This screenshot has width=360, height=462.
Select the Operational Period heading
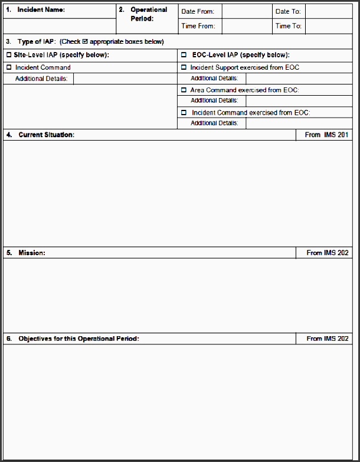(x=148, y=14)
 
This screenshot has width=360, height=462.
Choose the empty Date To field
(x=330, y=11)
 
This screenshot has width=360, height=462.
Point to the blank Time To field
(x=330, y=26)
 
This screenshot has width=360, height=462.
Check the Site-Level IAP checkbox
(x=9, y=55)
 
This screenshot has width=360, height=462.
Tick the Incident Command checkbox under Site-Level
(x=9, y=67)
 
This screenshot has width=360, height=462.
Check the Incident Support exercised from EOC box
(x=184, y=67)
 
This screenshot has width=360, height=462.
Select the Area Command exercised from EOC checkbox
(x=184, y=90)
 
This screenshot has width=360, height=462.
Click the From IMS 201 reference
(x=326, y=135)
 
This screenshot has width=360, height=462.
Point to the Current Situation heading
(x=46, y=135)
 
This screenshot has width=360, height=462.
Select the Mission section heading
(x=31, y=253)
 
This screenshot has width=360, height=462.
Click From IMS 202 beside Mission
(x=327, y=253)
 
